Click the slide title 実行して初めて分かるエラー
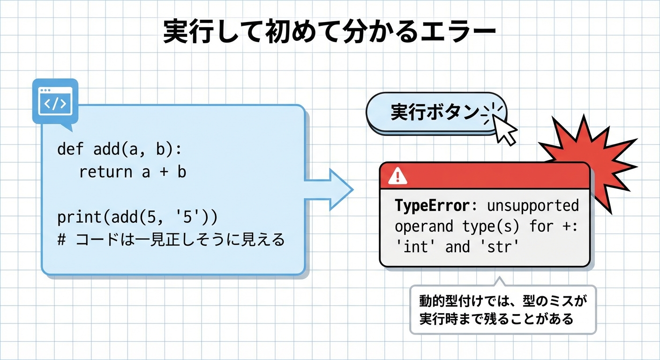(x=330, y=32)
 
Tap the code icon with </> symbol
(x=55, y=102)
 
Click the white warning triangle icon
(x=398, y=176)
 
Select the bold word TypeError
(x=432, y=205)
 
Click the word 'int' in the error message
(x=414, y=247)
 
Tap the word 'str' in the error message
(x=499, y=247)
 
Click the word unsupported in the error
(x=533, y=206)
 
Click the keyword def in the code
(x=70, y=149)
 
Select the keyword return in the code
(x=106, y=172)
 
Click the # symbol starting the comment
(x=61, y=240)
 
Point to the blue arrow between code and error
(x=329, y=190)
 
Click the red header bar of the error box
(x=485, y=176)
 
